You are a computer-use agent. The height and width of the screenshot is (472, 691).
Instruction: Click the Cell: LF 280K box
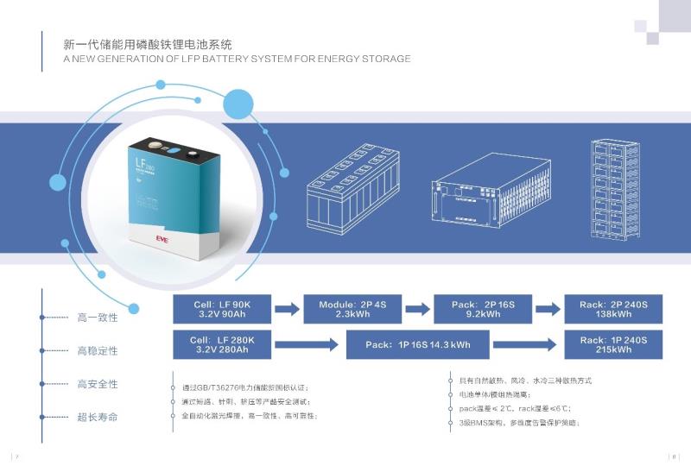[223, 345]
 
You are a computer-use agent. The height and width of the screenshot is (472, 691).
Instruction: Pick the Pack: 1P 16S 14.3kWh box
[418, 345]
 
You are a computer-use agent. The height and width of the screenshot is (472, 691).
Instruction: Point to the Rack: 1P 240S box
[613, 345]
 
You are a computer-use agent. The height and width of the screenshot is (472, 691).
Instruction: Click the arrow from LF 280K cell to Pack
[309, 345]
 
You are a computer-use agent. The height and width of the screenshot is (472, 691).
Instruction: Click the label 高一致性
[98, 318]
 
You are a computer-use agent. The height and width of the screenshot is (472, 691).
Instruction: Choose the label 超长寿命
[98, 418]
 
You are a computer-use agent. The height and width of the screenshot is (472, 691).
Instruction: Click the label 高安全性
[98, 384]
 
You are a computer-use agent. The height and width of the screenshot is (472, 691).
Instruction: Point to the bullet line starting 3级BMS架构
[518, 423]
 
